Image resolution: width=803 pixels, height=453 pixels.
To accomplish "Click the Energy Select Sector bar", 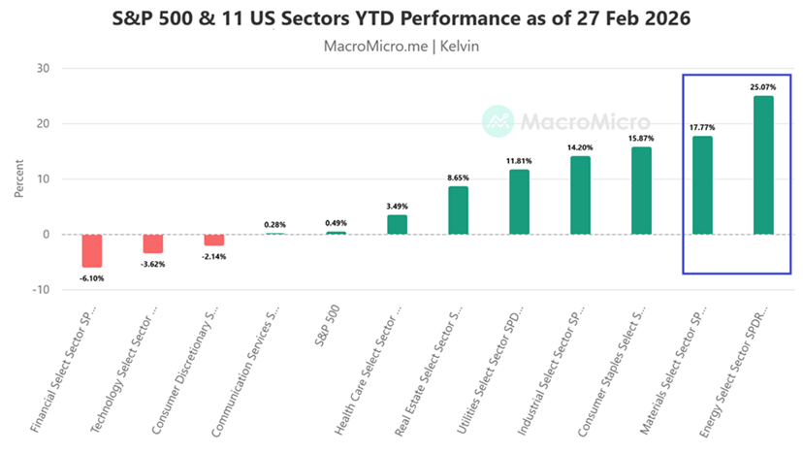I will [763, 165].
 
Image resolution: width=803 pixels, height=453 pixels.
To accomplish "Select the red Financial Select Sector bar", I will [92, 250].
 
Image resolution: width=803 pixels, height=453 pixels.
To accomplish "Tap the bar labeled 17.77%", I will [702, 185].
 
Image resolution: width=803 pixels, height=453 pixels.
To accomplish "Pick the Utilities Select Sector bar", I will [519, 202].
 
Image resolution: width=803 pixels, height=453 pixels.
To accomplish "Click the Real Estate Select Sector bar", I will [458, 210].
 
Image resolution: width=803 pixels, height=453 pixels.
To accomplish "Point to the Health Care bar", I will [397, 224].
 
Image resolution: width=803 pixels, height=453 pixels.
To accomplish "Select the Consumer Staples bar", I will [641, 190].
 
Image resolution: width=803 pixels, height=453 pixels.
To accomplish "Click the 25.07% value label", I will [763, 87].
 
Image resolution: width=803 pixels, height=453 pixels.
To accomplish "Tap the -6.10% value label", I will [92, 278].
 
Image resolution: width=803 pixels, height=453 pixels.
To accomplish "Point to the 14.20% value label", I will [580, 147].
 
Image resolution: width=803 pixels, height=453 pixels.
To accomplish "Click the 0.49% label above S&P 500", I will [336, 223].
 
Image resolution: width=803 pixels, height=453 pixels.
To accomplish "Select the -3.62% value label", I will [153, 263].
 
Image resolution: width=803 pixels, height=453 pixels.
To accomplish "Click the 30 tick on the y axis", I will [43, 68].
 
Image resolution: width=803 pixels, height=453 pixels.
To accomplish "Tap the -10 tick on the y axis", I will [40, 289].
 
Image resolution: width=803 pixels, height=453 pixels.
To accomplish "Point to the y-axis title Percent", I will [18, 178].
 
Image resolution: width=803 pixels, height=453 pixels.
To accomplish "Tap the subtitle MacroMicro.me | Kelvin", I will [401, 45].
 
